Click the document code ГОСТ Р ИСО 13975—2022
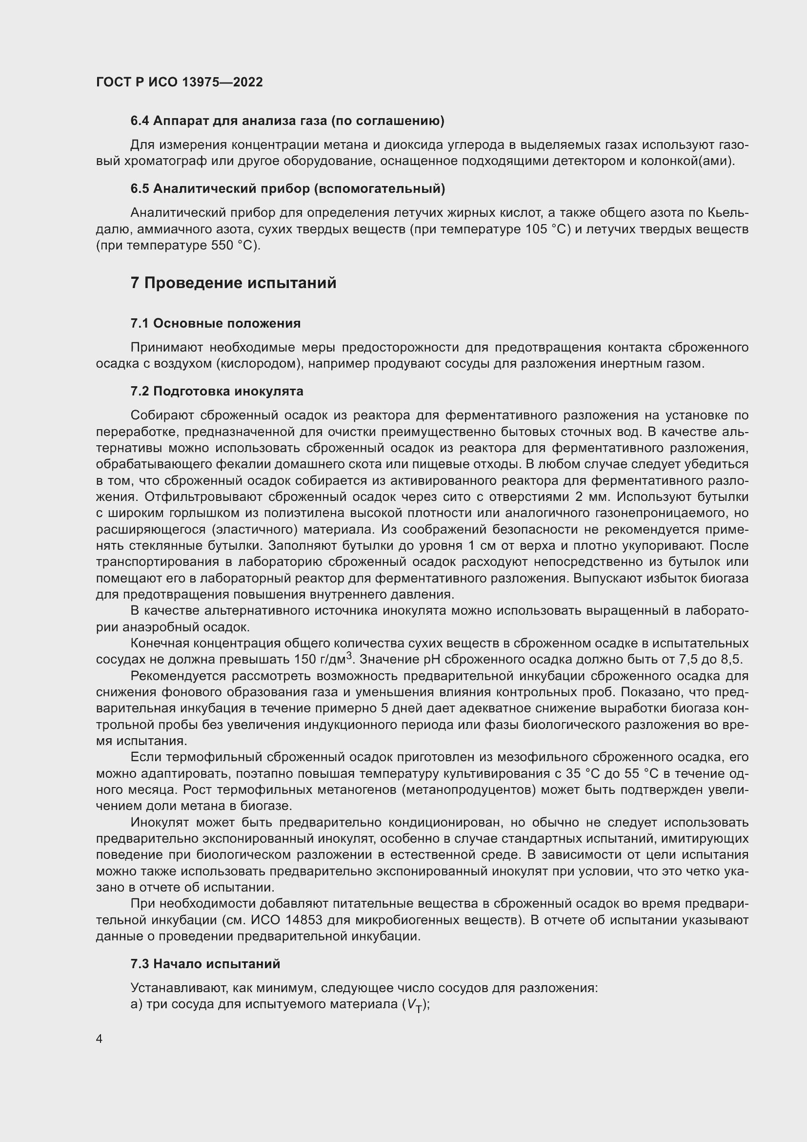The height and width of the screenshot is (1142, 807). (x=179, y=82)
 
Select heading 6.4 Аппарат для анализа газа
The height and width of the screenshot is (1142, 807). (x=287, y=121)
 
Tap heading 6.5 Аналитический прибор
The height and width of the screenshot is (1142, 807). (x=287, y=188)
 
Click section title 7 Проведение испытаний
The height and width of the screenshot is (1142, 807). (x=233, y=283)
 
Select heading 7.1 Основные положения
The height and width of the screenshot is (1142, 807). (x=215, y=323)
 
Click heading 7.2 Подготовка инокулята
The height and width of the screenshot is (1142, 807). (x=217, y=391)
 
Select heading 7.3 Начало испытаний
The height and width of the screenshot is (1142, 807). (x=205, y=964)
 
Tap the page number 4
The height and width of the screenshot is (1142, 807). (x=100, y=1039)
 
